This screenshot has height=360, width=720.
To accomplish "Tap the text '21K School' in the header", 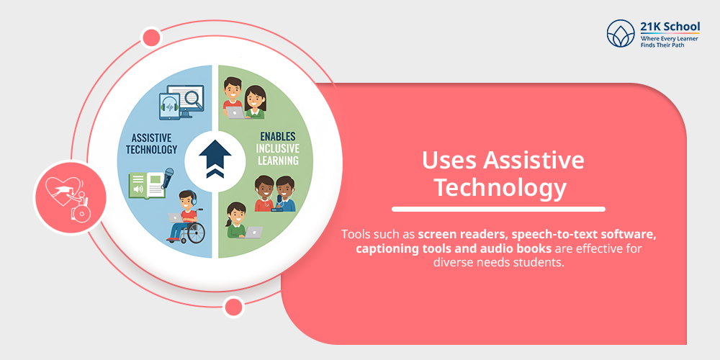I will [670, 26].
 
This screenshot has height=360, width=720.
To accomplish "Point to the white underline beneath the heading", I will [498, 210].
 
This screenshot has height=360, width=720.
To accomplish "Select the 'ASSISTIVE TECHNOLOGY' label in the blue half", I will [154, 143].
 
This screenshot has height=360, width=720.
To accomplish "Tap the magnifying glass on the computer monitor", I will [193, 97].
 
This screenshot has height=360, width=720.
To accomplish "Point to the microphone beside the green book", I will [168, 176].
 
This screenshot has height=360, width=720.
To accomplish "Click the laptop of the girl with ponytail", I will [253, 232].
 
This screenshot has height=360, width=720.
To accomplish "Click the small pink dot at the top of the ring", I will [152, 37].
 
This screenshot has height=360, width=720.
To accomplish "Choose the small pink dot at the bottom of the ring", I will [233, 307].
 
